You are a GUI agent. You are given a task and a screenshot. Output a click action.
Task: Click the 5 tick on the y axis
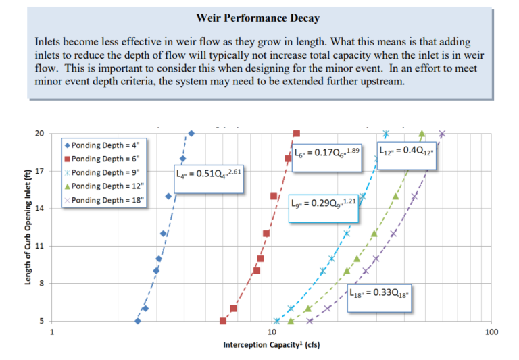[x=41, y=321]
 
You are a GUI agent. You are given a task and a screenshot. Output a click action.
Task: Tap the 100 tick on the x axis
[x=491, y=332]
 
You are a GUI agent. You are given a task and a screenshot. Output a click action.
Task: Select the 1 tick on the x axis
[x=53, y=332]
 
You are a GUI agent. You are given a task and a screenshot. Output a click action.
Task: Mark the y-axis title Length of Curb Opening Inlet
[x=28, y=227]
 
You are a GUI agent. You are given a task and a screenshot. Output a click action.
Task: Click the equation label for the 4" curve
[x=208, y=174]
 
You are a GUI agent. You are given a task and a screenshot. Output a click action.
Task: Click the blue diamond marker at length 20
[x=191, y=134]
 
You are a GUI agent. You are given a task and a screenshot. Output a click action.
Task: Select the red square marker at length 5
[x=223, y=321]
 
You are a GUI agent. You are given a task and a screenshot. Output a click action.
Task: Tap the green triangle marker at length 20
[x=422, y=134]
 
